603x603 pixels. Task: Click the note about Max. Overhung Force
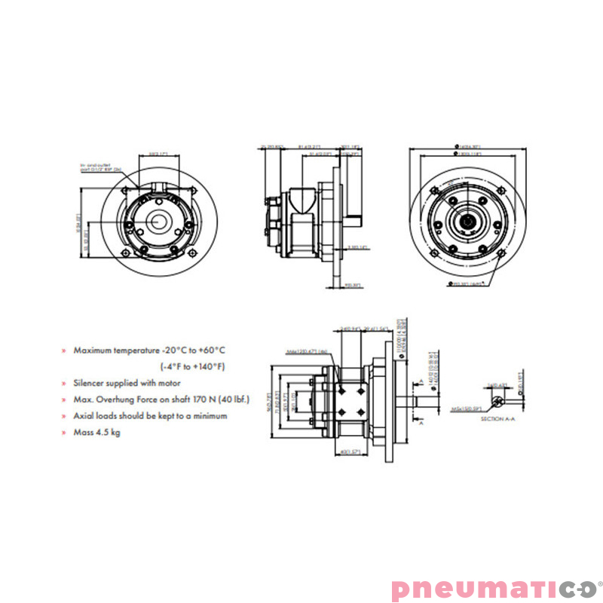coord(161,399)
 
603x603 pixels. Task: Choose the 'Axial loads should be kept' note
coord(150,415)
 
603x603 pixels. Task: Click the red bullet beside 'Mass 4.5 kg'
coord(64,433)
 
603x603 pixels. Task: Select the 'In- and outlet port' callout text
coord(101,167)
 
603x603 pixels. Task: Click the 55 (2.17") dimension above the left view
coord(158,154)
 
